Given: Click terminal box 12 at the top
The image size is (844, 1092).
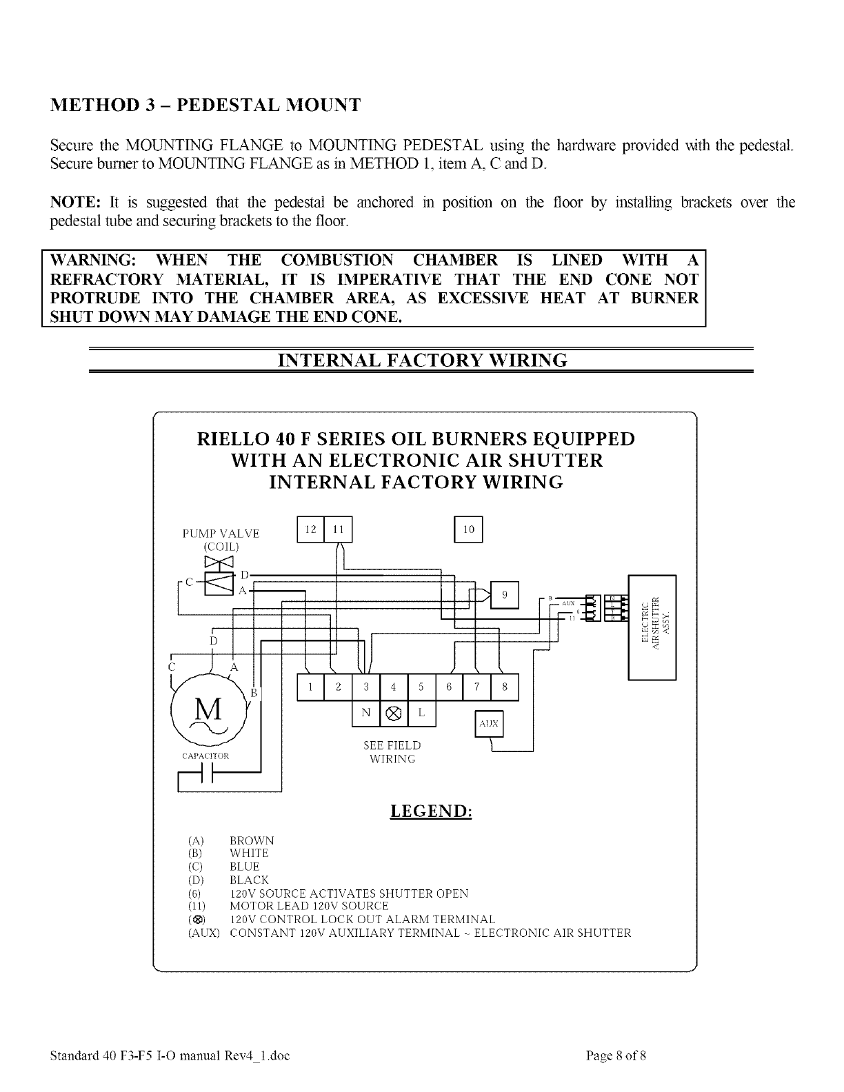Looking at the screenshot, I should pos(310,529).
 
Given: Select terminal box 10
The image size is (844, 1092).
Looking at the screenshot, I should pos(468,529).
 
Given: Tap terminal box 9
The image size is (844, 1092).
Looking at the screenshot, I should pos(505,596).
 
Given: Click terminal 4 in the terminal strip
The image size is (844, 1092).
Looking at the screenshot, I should pos(393,687).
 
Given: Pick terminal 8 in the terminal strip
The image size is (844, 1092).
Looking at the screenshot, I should pos(505,687).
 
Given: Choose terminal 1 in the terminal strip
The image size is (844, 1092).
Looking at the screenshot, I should pos(310,687).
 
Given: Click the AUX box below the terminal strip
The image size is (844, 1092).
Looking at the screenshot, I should pos(489,724).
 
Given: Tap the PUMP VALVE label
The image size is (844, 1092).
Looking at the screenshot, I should pos(221,534).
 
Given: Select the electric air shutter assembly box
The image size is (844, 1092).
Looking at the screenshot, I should pos(652,627).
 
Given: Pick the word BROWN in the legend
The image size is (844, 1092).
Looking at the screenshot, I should pos(252,840).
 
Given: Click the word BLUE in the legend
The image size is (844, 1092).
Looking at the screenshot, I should pos(245,867).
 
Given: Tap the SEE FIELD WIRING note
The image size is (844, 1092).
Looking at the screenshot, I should pos(392,752).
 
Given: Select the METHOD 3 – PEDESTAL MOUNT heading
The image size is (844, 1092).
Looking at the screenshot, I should pos(205,105).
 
